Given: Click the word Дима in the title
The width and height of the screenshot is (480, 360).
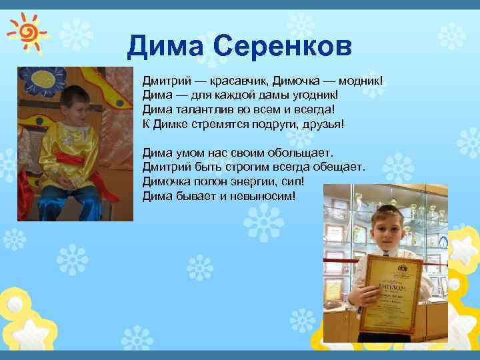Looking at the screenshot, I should click(166, 46).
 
